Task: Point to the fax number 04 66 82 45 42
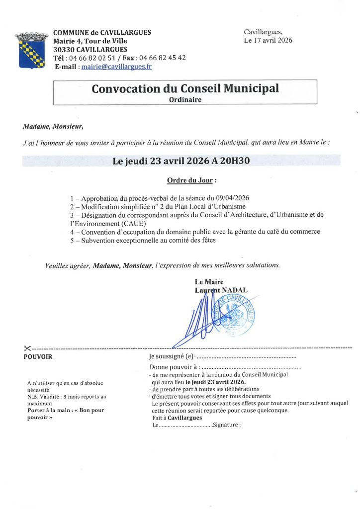click(x=163, y=58)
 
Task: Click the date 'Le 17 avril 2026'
click(x=268, y=40)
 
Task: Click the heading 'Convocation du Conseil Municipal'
click(x=185, y=89)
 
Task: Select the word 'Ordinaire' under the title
click(x=185, y=99)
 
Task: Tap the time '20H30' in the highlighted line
click(x=234, y=161)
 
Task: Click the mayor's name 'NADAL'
click(x=234, y=290)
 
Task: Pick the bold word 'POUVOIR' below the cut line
click(x=38, y=356)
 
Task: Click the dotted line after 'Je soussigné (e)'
click(x=247, y=357)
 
